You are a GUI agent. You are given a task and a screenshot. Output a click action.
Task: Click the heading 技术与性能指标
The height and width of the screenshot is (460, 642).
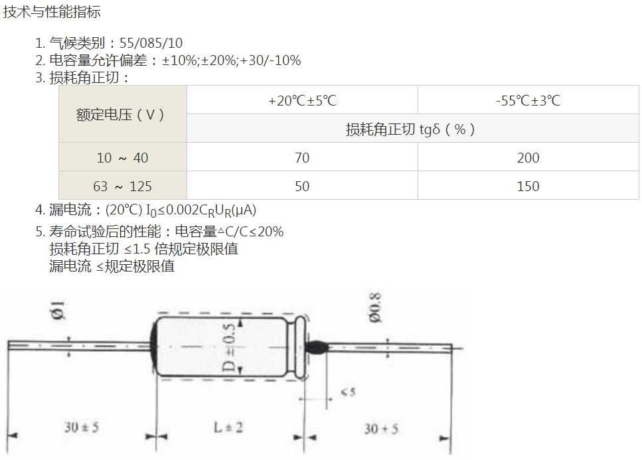(x=52, y=11)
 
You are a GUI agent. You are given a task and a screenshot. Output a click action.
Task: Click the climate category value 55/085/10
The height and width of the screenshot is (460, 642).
(x=151, y=43)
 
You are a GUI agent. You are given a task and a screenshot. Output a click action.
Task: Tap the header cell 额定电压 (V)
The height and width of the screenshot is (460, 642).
(x=120, y=115)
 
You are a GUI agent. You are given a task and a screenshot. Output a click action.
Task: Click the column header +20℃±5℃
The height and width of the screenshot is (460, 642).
(x=302, y=100)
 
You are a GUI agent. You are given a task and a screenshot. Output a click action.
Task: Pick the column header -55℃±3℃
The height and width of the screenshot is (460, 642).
(x=528, y=100)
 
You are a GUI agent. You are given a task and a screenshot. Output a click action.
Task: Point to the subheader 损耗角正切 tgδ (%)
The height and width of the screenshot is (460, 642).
(x=410, y=129)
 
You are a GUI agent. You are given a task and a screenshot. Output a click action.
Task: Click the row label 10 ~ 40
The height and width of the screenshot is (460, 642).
(x=122, y=157)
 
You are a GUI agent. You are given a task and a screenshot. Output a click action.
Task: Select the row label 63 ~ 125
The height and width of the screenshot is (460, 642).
(x=122, y=187)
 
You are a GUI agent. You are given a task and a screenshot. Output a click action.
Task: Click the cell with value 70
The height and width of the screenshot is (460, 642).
(x=302, y=157)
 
